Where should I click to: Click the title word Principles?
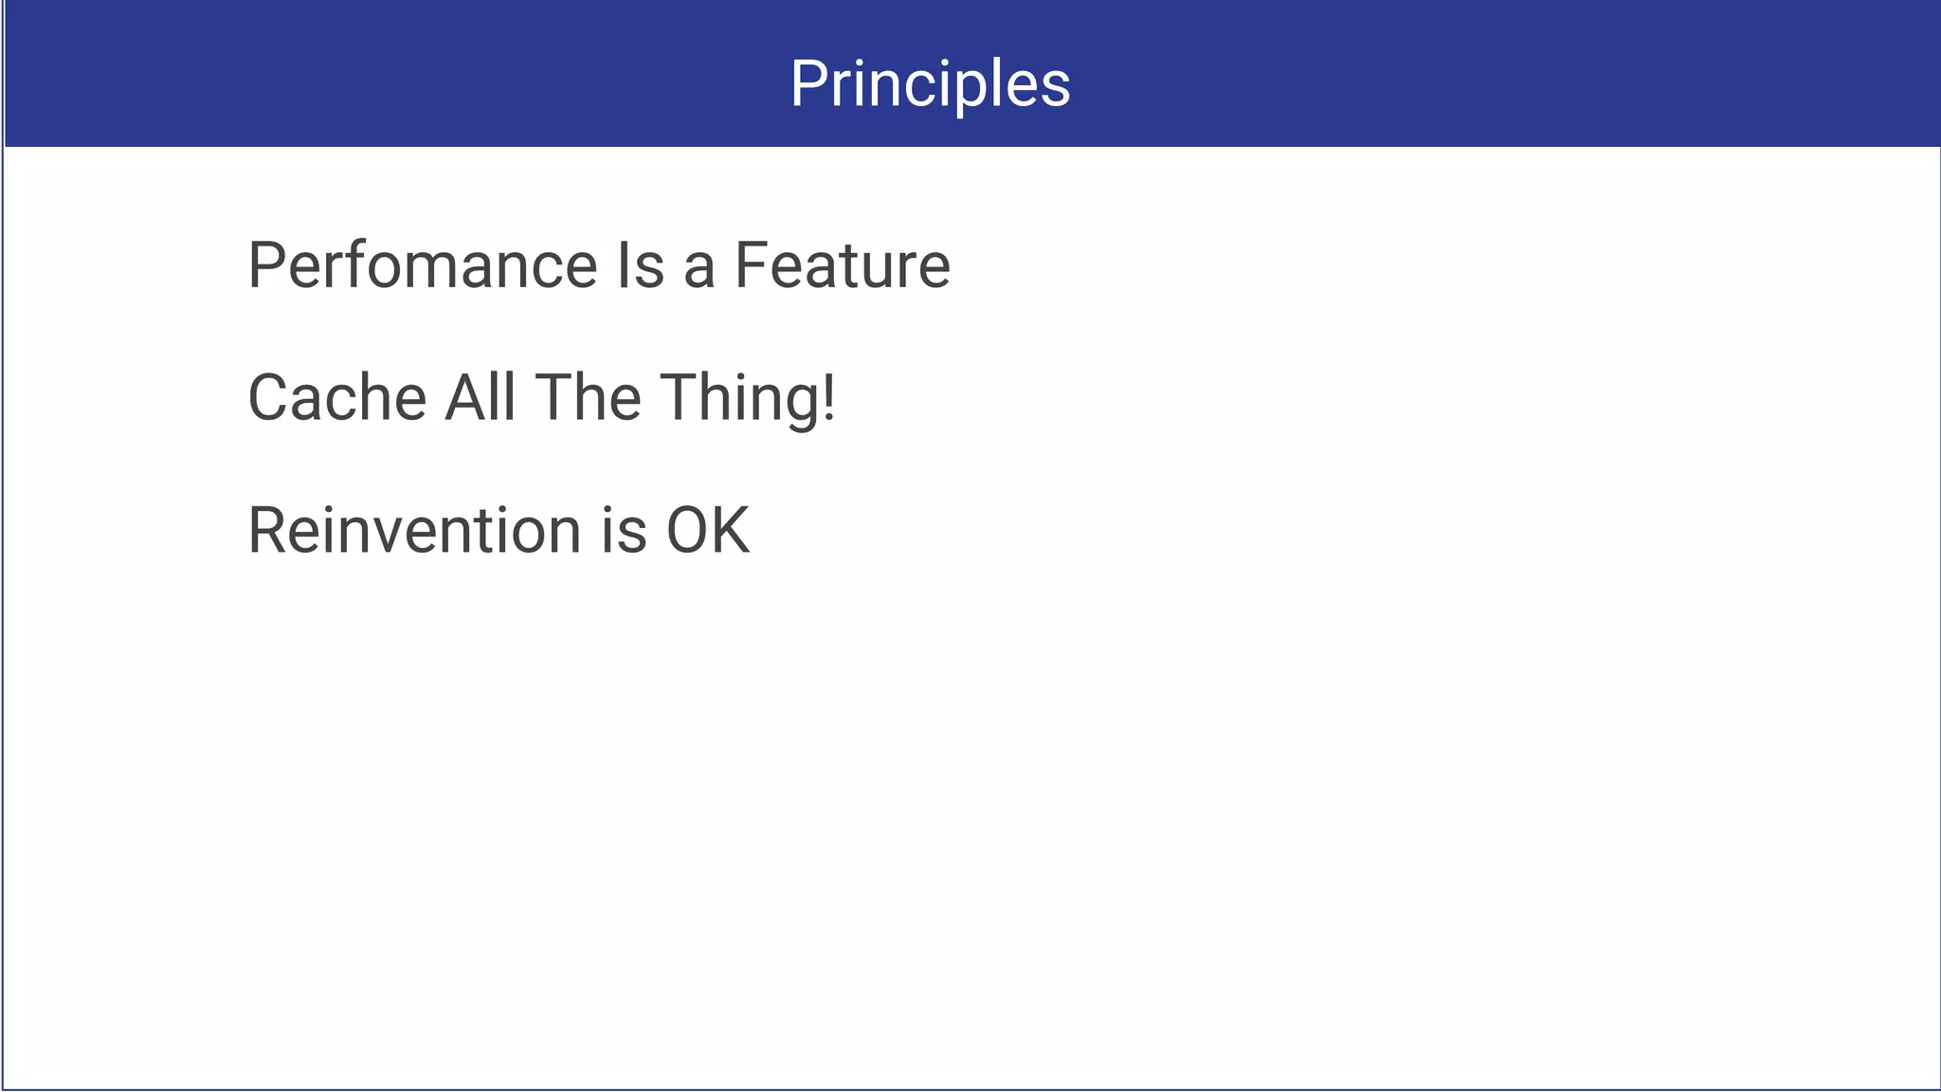930,83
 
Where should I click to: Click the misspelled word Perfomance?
423,265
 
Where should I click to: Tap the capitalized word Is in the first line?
641,265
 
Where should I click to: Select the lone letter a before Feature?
698,268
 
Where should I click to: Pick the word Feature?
842,265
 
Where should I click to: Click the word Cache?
336,397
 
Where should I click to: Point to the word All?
481,397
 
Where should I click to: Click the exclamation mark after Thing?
829,397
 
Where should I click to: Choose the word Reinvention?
414,530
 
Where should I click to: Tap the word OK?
708,530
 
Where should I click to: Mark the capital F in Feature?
750,265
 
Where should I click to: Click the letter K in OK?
731,530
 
